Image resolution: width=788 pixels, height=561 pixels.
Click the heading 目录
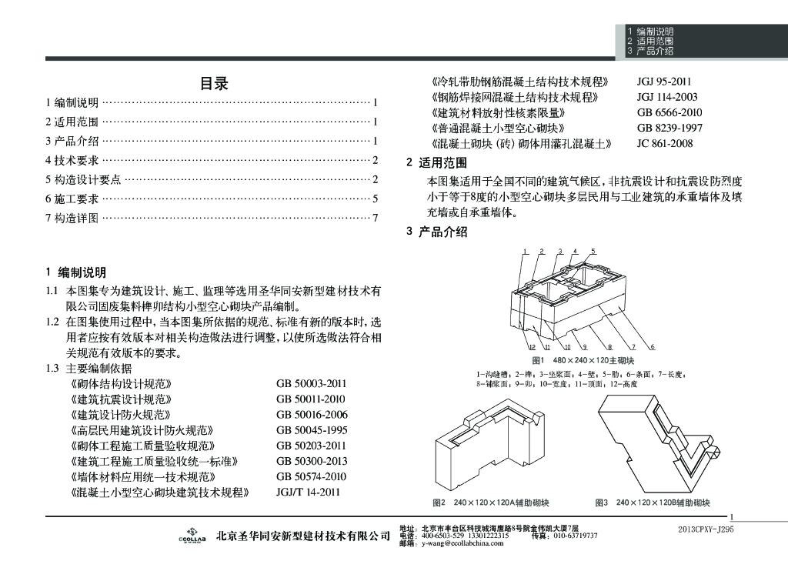coord(214,84)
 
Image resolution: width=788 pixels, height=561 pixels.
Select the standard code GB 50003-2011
coord(312,383)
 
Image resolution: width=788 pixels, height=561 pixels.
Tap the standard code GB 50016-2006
coord(312,415)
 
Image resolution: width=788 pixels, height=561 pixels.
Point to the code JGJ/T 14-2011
coord(307,493)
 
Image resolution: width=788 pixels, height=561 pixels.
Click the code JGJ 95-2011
coord(664,81)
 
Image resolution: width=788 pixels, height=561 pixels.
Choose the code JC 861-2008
coord(665,143)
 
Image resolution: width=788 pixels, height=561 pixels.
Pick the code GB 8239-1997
coord(669,128)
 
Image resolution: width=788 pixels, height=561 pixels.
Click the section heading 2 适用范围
coord(436,163)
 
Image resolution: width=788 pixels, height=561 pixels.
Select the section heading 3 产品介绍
coord(436,232)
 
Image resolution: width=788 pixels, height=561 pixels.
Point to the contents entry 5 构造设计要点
coord(83,179)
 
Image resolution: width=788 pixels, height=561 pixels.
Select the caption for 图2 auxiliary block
coord(490,503)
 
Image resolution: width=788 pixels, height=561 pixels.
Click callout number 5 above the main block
coord(594,251)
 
